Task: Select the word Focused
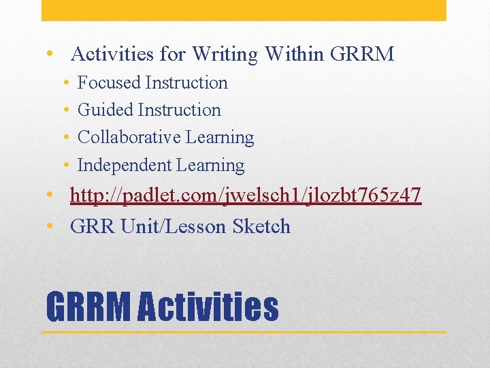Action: tap(109, 83)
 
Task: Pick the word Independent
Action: tap(125, 166)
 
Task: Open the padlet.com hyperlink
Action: tap(246, 196)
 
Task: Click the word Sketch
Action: tap(261, 227)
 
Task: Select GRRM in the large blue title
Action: tap(88, 307)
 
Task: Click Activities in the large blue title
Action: tap(208, 307)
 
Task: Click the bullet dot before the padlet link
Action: tap(51, 196)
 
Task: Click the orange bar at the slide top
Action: tap(244, 10)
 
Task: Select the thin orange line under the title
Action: tap(244, 332)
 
